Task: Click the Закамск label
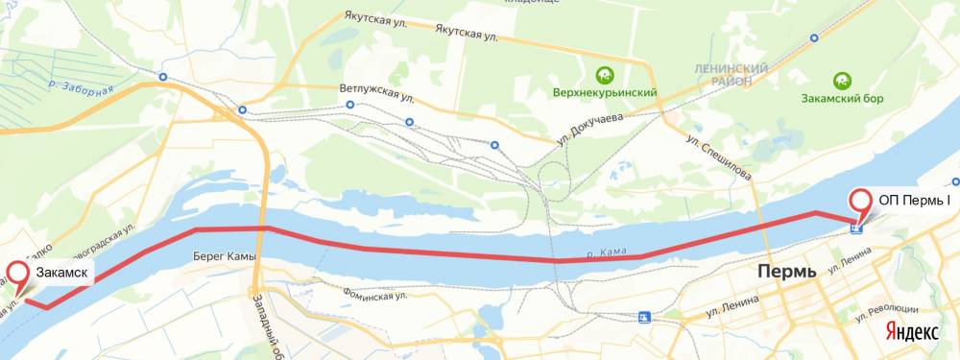click(x=63, y=274)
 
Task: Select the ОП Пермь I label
click(x=914, y=201)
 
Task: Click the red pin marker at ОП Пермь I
click(x=859, y=203)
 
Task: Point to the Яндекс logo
click(x=911, y=330)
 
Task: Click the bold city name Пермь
click(x=786, y=271)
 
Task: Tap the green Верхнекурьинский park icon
click(x=604, y=73)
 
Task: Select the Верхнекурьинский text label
click(x=604, y=93)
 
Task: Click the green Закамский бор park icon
click(x=841, y=80)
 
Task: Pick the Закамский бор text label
click(x=841, y=99)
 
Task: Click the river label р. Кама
click(x=608, y=252)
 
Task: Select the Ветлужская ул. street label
click(x=376, y=88)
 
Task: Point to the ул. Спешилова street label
click(x=717, y=155)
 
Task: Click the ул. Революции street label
click(x=897, y=310)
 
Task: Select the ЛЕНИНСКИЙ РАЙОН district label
click(x=732, y=75)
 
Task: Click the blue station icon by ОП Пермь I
click(x=856, y=227)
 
